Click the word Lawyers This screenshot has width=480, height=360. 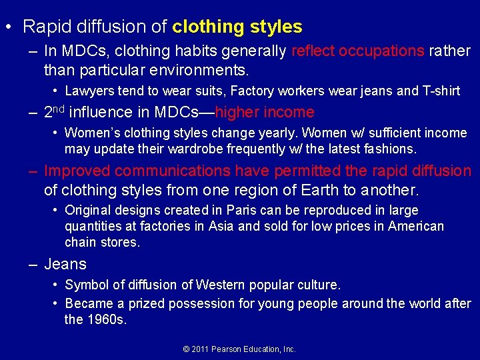pos(89,91)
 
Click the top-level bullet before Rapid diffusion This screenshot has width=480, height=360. pos(7,27)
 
